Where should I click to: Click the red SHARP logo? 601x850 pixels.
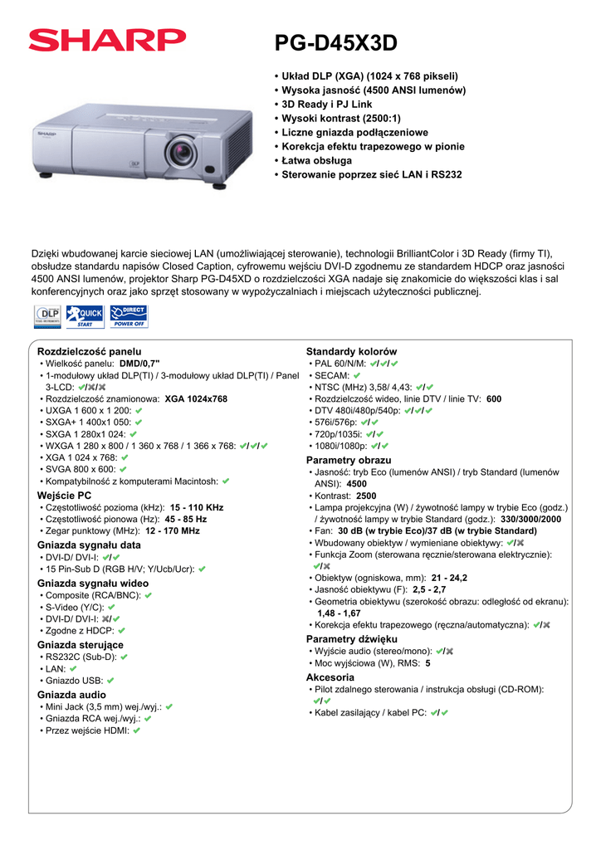click(x=107, y=41)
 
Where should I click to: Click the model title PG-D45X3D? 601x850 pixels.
click(x=336, y=42)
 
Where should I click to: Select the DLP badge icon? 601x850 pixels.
click(x=46, y=315)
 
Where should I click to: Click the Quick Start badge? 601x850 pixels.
click(x=85, y=315)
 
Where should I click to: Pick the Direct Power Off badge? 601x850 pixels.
click(x=129, y=315)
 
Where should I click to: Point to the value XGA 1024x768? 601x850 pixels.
click(x=196, y=399)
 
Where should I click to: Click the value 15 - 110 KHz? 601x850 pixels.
click(x=197, y=507)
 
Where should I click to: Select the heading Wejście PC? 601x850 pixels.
click(x=64, y=496)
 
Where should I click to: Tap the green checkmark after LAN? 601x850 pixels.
click(x=73, y=668)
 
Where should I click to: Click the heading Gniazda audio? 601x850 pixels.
click(x=71, y=695)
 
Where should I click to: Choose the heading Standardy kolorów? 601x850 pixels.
click(x=351, y=352)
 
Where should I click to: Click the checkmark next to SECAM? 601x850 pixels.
click(x=357, y=376)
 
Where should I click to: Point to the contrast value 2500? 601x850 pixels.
click(x=366, y=496)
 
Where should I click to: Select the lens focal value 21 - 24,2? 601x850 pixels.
click(x=449, y=577)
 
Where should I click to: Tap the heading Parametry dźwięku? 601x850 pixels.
click(x=351, y=639)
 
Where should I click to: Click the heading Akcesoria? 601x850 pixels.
click(x=330, y=677)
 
